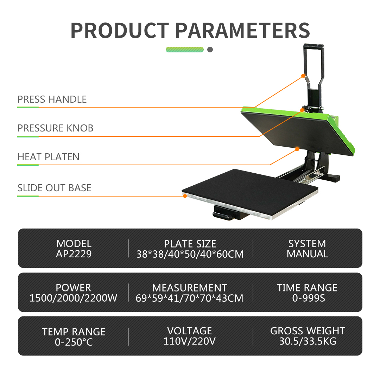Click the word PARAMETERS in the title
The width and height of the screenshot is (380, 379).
(x=242, y=31)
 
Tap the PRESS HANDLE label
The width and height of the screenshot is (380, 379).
(x=52, y=99)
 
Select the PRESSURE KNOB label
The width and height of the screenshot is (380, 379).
(x=55, y=128)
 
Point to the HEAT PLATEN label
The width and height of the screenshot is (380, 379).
(x=49, y=157)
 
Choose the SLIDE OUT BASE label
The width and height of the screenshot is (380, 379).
(x=54, y=188)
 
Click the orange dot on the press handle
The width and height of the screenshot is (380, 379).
(x=303, y=76)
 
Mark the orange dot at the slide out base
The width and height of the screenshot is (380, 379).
(x=185, y=196)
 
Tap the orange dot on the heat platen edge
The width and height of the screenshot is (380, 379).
(x=297, y=149)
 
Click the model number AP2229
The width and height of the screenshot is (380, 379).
(x=74, y=254)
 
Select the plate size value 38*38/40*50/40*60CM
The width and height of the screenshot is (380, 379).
(x=190, y=254)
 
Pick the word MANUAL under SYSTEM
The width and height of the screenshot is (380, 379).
(x=307, y=254)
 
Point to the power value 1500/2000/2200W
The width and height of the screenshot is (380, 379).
(x=73, y=298)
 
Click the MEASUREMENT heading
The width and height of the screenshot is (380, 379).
(x=190, y=288)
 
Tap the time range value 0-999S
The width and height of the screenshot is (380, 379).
(x=309, y=298)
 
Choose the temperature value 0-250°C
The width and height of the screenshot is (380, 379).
(x=74, y=342)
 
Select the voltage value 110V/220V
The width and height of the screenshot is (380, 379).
(x=190, y=341)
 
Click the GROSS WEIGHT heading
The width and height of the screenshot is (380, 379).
(x=308, y=331)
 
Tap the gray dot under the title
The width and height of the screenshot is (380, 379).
(x=210, y=50)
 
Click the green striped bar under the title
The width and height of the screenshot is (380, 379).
(x=185, y=50)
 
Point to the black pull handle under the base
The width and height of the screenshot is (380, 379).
(x=223, y=215)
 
